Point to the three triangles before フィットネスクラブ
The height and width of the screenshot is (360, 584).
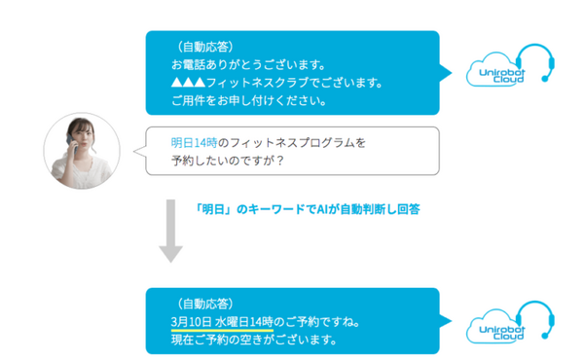[x=187, y=83]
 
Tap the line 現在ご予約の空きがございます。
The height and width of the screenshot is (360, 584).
[x=253, y=340]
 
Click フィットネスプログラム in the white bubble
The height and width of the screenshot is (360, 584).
[x=291, y=142]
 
